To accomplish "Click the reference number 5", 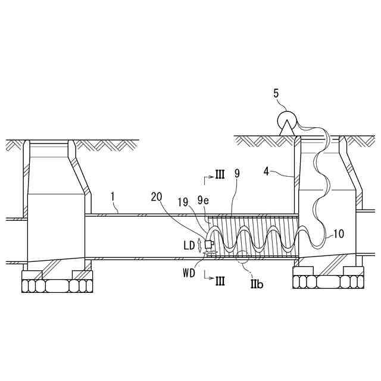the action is pos(276,93).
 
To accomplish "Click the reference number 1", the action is pos(113,194).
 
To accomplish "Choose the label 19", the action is pos(184,203).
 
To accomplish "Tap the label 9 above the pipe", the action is pos(237,174).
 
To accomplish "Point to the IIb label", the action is pos(257,285).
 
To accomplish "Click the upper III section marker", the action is pos(218,174).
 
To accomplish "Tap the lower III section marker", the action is pos(218,277).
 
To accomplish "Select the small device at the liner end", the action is pos(209,243).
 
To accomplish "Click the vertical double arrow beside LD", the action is pos(199,245).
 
